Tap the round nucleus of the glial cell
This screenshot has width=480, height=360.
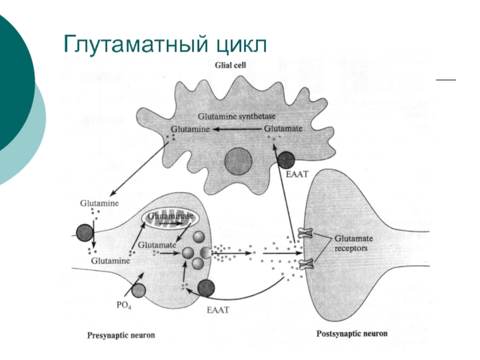click(238, 161)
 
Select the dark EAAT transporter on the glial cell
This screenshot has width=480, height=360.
click(286, 160)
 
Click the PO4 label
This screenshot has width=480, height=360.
click(124, 304)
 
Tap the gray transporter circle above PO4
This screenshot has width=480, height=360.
click(139, 291)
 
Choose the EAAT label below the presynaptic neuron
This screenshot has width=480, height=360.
click(217, 310)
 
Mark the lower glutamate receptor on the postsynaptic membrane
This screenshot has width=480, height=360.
click(307, 263)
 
